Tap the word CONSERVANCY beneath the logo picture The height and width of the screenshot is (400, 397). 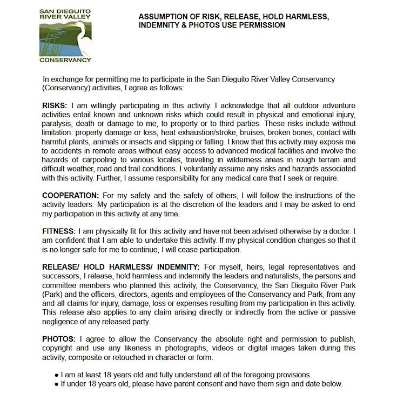pyautogui.click(x=65, y=60)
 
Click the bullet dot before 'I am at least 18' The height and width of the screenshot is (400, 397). pyautogui.click(x=57, y=375)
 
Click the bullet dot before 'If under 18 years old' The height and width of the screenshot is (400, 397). pyautogui.click(x=57, y=384)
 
